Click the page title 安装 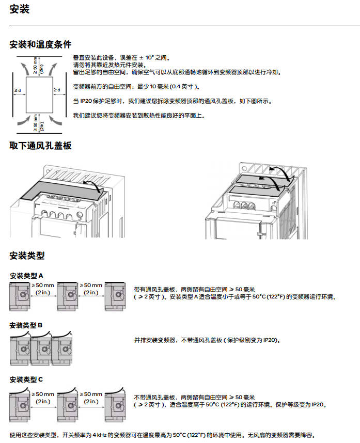tap(20, 9)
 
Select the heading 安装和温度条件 tap(40, 44)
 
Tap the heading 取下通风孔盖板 tap(40, 146)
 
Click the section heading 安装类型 tap(27, 256)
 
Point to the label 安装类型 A tap(26, 276)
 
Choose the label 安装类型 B tap(26, 325)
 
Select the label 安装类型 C tap(26, 379)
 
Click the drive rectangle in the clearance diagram tap(39, 94)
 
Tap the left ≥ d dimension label tap(18, 90)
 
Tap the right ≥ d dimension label tap(57, 90)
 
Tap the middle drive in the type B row tap(41, 348)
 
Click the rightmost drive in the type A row tap(115, 296)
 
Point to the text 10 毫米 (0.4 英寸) tap(171, 87)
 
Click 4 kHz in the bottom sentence tap(100, 435)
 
